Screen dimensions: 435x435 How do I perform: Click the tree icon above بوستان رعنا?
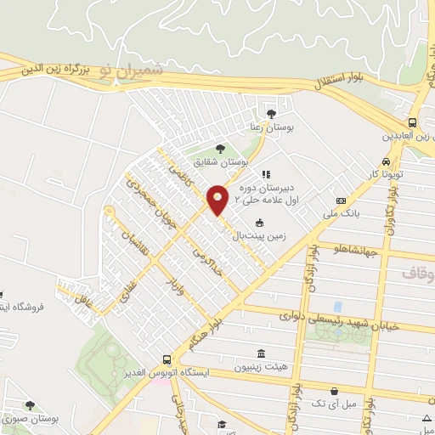(x=271, y=113)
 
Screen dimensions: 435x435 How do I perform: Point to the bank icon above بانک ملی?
(x=341, y=201)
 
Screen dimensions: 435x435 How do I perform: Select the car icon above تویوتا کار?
(x=387, y=161)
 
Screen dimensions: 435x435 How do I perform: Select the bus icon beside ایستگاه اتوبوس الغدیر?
(x=167, y=359)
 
